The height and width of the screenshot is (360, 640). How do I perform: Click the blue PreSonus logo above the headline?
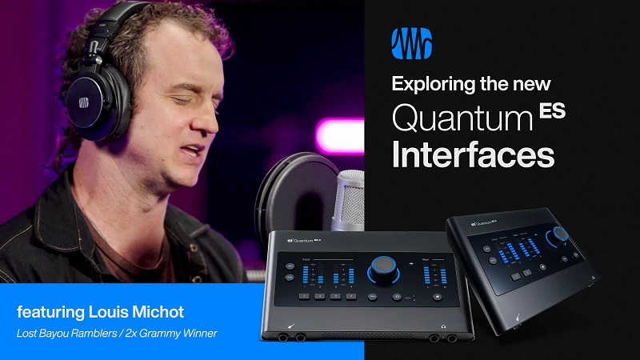click(x=413, y=45)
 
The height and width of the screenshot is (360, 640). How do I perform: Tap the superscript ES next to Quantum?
click(x=552, y=111)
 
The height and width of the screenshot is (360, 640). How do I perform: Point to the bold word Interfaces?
click(x=472, y=154)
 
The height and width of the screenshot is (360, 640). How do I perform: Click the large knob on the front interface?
click(x=382, y=269)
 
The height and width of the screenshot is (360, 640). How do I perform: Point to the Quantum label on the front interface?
click(x=305, y=238)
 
